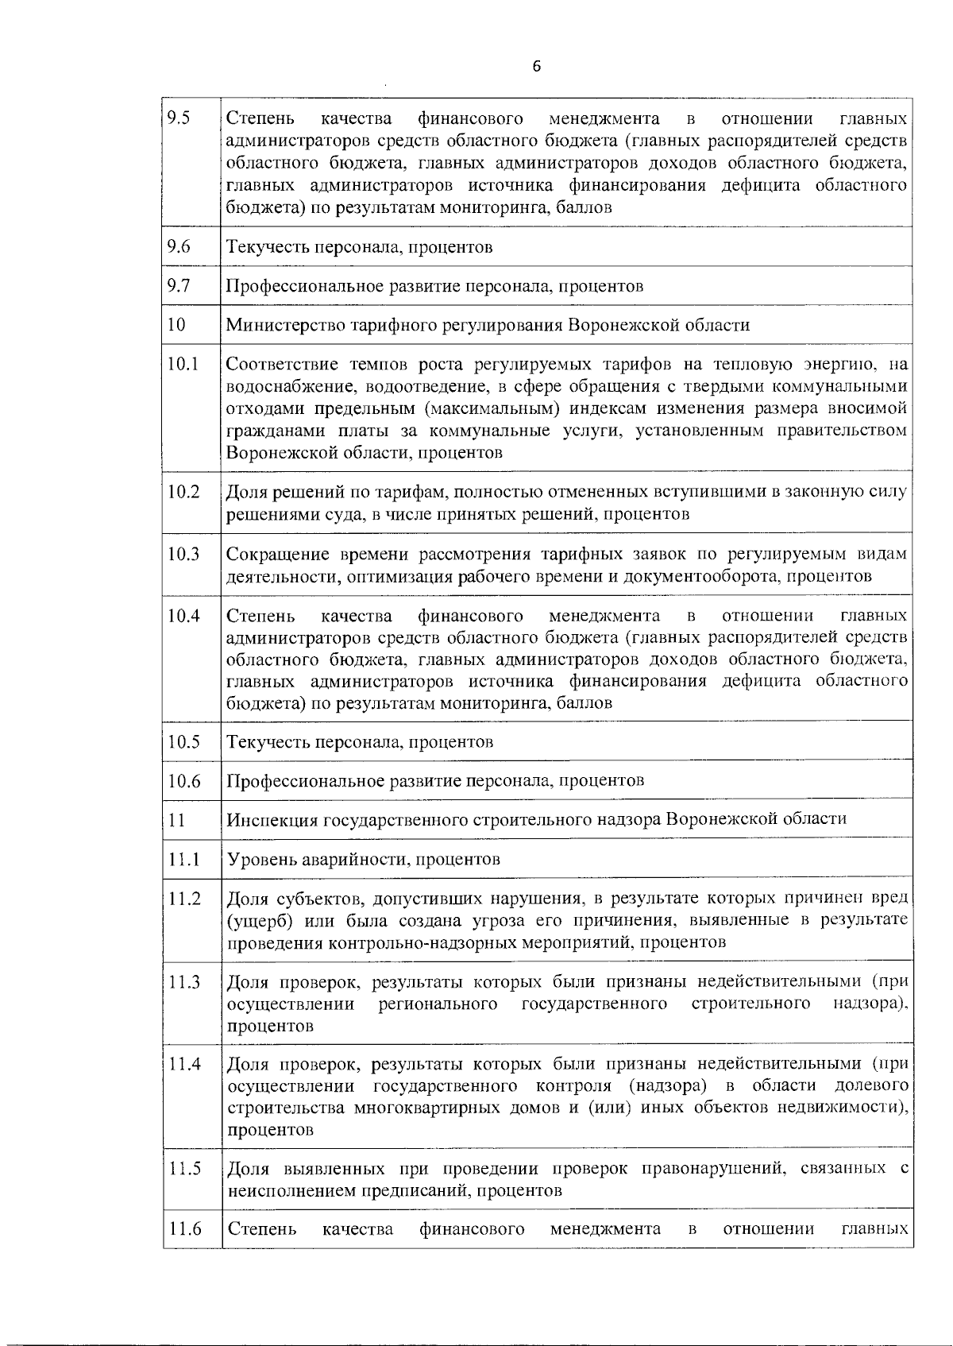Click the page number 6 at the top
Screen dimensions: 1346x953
point(535,67)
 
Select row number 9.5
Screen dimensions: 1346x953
point(179,119)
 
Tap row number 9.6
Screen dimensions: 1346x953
point(179,246)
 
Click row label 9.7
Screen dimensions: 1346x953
point(179,285)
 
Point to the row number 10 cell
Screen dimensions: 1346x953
point(176,324)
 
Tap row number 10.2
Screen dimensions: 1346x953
point(183,492)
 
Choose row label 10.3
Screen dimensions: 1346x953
point(183,554)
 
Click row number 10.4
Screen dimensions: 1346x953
point(183,616)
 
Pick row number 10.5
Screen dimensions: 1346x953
point(183,741)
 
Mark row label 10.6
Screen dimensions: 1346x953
point(183,780)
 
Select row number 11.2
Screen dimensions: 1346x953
point(183,899)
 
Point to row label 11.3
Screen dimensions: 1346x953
point(183,982)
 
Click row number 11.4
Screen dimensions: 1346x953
point(183,1064)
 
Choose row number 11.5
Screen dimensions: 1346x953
point(183,1168)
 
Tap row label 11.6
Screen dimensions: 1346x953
point(183,1229)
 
